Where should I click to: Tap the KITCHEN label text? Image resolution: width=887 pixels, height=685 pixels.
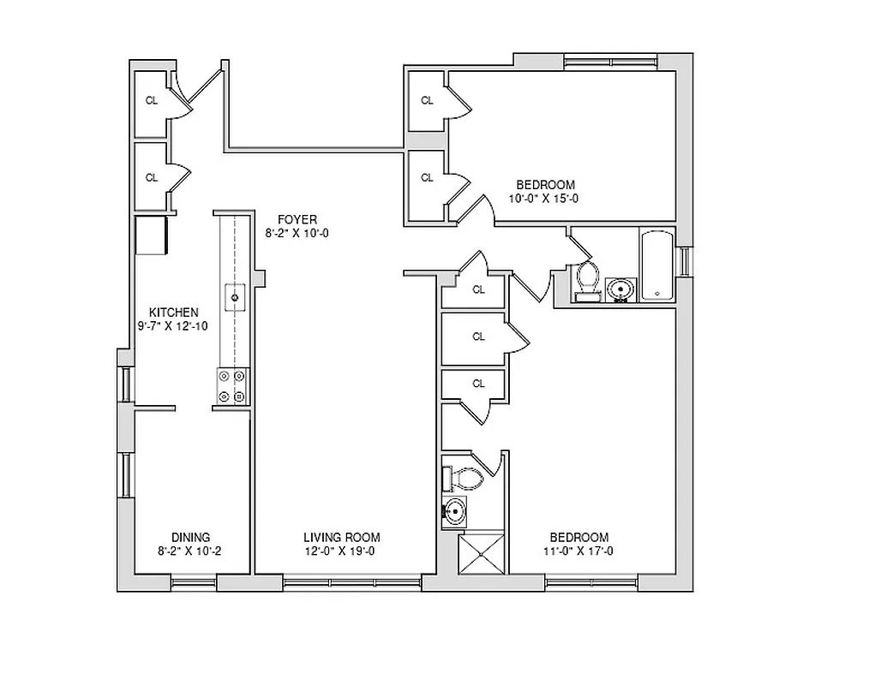pyautogui.click(x=174, y=313)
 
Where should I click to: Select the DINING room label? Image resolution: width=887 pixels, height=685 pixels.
pyautogui.click(x=190, y=538)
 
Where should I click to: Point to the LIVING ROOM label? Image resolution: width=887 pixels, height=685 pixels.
pyautogui.click(x=341, y=538)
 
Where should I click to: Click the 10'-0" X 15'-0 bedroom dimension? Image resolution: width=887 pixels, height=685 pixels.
pyautogui.click(x=544, y=199)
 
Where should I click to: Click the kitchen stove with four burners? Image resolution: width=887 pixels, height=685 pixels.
pyautogui.click(x=232, y=385)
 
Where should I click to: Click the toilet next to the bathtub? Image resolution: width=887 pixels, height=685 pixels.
pyautogui.click(x=587, y=279)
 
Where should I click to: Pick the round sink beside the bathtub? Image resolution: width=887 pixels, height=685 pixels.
pyautogui.click(x=619, y=289)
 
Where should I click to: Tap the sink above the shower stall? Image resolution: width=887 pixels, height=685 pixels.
pyautogui.click(x=455, y=513)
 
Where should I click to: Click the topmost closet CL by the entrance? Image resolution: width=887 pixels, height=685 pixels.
pyautogui.click(x=152, y=101)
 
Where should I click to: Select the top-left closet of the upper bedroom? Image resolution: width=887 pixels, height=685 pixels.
pyautogui.click(x=426, y=101)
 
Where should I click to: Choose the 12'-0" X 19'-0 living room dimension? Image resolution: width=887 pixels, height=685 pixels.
pyautogui.click(x=341, y=551)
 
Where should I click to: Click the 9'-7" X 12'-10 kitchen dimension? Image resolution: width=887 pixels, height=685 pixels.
pyautogui.click(x=173, y=326)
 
